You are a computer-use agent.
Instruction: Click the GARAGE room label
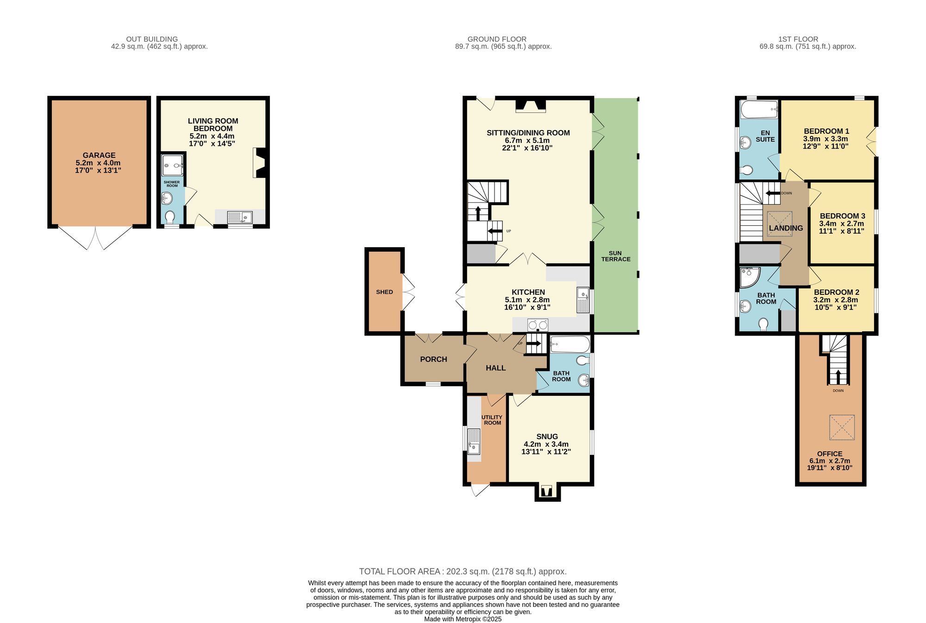tap(99, 156)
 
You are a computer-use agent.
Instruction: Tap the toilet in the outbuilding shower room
tap(170, 217)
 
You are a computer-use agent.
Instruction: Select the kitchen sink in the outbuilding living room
tap(239, 217)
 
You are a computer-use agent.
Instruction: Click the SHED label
tap(384, 292)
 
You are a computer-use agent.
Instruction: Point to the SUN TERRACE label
tap(615, 256)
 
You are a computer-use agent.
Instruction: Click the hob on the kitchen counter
tap(538, 325)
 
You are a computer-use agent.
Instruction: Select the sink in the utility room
tap(474, 442)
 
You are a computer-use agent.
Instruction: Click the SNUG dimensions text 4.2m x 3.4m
tap(546, 444)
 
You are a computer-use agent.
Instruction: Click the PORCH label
tap(433, 359)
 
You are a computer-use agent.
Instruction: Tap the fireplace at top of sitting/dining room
tap(531, 106)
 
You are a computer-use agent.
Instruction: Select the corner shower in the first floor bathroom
tap(749, 277)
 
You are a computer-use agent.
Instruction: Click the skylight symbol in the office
tap(842, 427)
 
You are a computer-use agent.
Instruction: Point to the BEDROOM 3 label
tap(842, 216)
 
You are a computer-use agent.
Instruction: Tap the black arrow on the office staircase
tap(838, 376)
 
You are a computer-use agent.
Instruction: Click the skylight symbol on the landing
tap(780, 224)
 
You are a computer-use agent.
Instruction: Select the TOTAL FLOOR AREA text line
tap(463, 572)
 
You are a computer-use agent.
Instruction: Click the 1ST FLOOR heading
tap(798, 39)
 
